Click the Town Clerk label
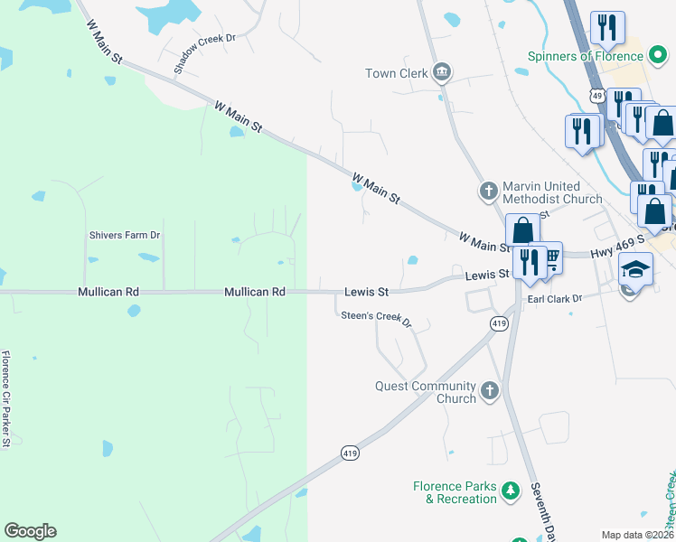coord(396,73)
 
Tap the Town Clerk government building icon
coord(441,71)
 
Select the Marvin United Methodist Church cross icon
coord(488,191)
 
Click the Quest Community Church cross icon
coord(489,390)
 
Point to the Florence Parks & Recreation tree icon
coord(512,491)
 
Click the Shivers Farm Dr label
coord(124,235)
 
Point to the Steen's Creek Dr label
coord(375,319)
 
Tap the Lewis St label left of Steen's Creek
coord(366,292)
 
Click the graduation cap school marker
coord(635,268)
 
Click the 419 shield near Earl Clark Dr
coord(499,323)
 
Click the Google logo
coord(30,531)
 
